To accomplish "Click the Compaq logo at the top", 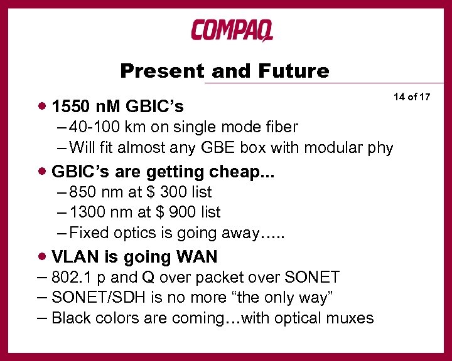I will [x=232, y=29].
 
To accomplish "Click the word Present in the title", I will [x=162, y=71].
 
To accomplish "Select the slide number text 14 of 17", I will [x=412, y=97].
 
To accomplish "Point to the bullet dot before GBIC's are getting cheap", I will [x=42, y=171].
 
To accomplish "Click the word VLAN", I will [x=74, y=256].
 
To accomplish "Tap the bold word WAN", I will [x=196, y=256].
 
